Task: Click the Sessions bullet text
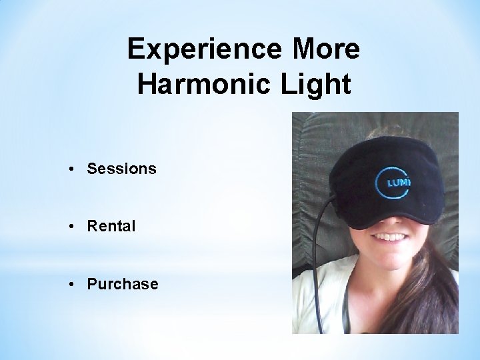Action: pos(121,169)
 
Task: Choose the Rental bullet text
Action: pos(111,227)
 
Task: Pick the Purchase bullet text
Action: pos(122,285)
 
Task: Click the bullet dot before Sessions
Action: pos(71,169)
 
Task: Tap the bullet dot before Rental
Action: pos(71,227)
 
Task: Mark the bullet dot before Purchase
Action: pos(71,285)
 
